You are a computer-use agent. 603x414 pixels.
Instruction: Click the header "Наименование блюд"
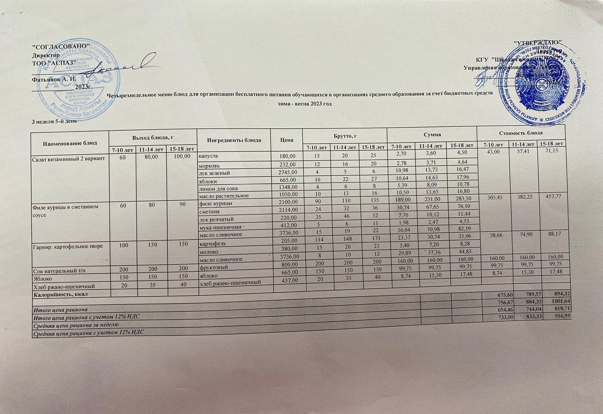tap(70, 143)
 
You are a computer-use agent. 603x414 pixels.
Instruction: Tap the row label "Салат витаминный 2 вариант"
tap(68, 158)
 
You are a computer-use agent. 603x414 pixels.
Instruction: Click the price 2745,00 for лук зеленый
tap(287, 172)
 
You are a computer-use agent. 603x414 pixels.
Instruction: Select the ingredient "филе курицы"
tap(214, 204)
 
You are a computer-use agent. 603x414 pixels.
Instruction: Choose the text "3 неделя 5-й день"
tap(55, 121)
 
